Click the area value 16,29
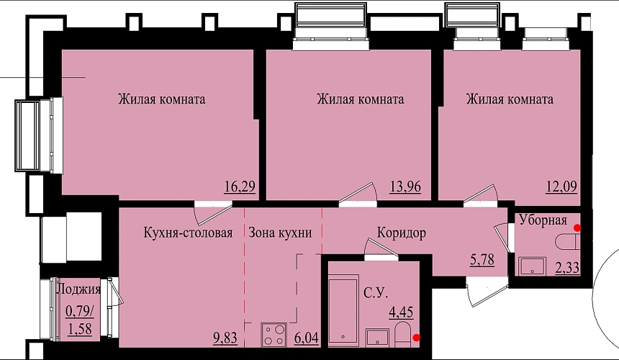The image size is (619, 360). [x=240, y=186]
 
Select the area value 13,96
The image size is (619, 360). [x=405, y=186]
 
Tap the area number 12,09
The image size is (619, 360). [x=561, y=186]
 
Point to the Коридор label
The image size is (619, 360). [x=402, y=233]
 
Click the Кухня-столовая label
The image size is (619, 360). [x=188, y=233]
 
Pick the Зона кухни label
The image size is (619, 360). [x=280, y=233]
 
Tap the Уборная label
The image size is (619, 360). [x=543, y=220]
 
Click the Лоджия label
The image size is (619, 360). [x=78, y=289]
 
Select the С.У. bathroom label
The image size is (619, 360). [x=376, y=293]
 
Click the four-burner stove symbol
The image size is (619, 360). [x=274, y=335]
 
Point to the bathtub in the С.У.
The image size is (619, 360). [x=343, y=311]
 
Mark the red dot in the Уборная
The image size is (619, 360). [x=577, y=228]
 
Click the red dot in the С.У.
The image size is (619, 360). [x=416, y=338]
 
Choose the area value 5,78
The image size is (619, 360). [x=482, y=260]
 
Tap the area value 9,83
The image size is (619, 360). [x=225, y=338]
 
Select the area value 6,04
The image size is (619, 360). [x=307, y=338]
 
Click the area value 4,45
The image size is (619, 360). [x=401, y=312]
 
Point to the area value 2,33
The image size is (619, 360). [x=567, y=269]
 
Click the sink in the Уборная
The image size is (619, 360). [x=532, y=266]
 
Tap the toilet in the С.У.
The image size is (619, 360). [x=402, y=335]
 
